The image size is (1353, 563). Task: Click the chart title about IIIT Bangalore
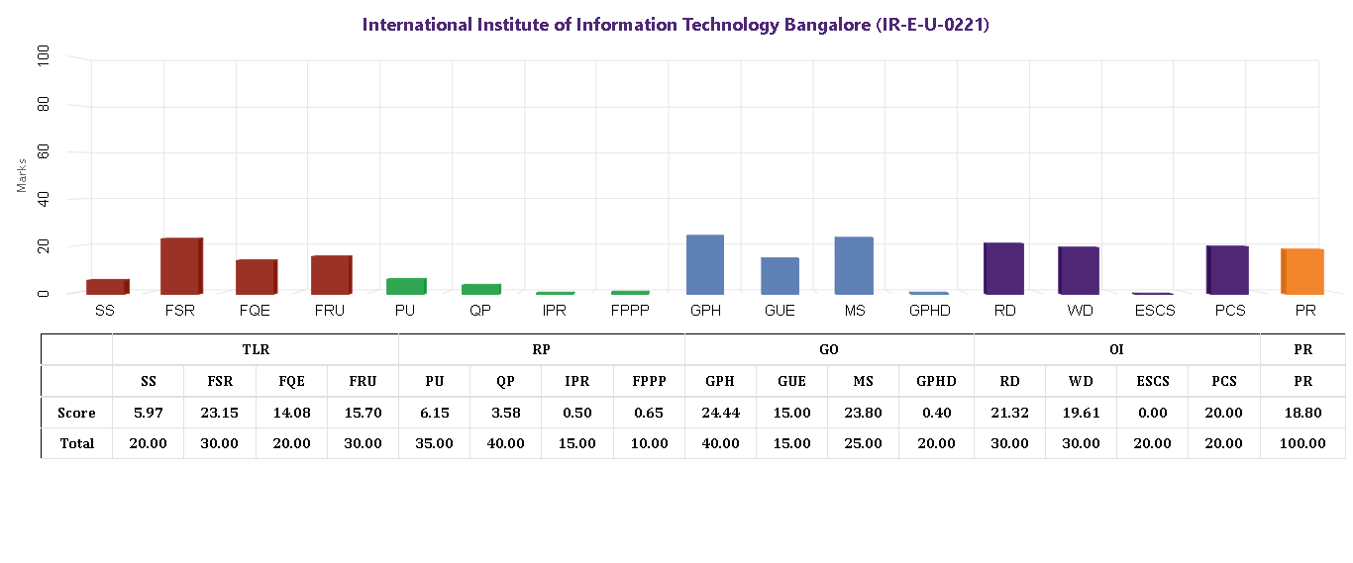[x=676, y=25]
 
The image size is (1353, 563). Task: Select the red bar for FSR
[x=181, y=266]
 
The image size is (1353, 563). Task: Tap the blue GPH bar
[x=705, y=264]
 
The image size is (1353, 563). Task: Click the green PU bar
[x=405, y=286]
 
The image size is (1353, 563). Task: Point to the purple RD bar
[x=1003, y=268]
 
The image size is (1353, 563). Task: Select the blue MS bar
[x=854, y=265]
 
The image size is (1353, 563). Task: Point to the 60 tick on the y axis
[x=43, y=152]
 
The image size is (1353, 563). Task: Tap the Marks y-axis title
[x=22, y=174]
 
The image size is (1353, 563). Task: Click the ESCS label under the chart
[x=1153, y=312]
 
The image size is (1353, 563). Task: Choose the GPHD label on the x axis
[x=930, y=312]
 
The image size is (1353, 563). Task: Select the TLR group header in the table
[x=256, y=349]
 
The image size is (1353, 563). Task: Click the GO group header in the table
[x=829, y=349]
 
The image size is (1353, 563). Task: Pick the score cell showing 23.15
[x=219, y=413]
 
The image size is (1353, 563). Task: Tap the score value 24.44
[x=719, y=413]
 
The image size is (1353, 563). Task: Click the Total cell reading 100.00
[x=1302, y=443]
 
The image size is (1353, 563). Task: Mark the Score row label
[x=76, y=413]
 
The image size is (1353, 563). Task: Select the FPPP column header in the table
[x=649, y=381]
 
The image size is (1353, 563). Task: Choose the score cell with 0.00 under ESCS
[x=1152, y=413]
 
